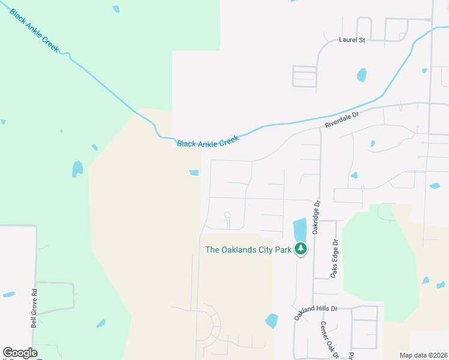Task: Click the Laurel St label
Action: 352,40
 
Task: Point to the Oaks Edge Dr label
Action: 335,259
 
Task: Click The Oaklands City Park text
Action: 248,250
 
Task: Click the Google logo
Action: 20,353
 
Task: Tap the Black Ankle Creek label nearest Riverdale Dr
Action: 208,141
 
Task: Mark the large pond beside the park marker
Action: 300,229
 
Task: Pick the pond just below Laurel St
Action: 361,75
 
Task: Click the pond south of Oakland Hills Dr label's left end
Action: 272,321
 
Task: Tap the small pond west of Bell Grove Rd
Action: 8,295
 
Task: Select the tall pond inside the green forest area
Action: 77,169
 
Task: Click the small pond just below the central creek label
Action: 194,173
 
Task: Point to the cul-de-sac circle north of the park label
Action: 227,215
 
